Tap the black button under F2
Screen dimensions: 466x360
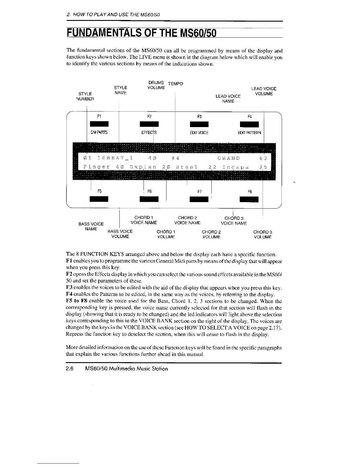149,125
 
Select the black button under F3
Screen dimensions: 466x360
199,125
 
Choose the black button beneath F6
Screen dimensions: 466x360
149,199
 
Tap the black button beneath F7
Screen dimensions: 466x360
199,199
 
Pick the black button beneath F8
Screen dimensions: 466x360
249,199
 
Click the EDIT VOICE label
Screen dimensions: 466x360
199,133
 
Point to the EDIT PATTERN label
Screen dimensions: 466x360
249,133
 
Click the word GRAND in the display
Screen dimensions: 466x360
229,159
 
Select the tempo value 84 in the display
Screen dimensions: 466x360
176,159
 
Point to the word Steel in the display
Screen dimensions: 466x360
186,167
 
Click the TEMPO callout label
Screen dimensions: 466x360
175,84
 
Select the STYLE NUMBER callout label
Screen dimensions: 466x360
85,96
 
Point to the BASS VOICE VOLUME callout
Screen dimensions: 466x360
120,234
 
